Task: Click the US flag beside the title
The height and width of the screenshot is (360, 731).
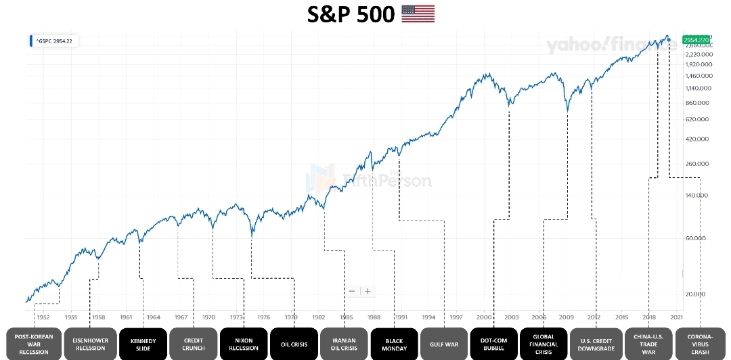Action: (x=418, y=14)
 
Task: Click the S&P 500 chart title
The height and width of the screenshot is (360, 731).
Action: (x=351, y=14)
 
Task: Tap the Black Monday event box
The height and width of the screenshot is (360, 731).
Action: (x=395, y=344)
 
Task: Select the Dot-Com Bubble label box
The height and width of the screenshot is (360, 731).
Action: (x=494, y=344)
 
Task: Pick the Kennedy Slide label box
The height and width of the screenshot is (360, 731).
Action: (x=143, y=344)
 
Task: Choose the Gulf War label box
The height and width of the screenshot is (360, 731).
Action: (x=444, y=344)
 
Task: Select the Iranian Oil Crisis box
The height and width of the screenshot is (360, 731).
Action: (x=344, y=344)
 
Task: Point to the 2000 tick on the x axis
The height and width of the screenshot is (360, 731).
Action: (x=483, y=317)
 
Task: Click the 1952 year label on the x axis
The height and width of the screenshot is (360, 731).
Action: (x=43, y=317)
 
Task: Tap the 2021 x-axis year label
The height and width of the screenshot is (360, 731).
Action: (x=676, y=317)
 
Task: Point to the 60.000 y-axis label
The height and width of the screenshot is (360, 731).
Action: (x=696, y=238)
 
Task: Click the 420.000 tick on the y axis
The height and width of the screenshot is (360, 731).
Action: (x=696, y=139)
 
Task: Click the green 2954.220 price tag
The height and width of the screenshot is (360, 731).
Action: (x=696, y=40)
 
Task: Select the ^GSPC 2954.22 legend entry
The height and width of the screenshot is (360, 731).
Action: (x=55, y=41)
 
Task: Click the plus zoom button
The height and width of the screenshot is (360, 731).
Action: (x=368, y=291)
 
